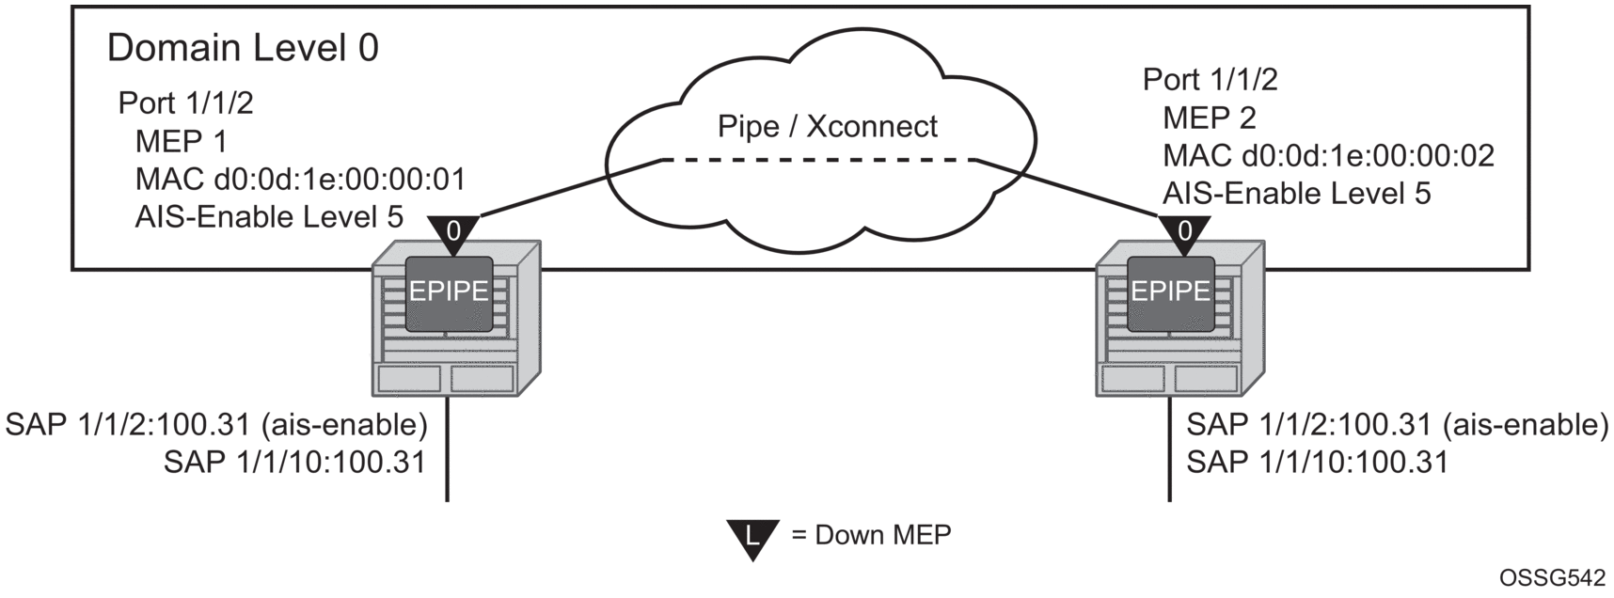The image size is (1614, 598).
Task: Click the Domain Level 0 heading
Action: tap(243, 48)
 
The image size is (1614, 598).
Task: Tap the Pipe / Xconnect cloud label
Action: tap(827, 126)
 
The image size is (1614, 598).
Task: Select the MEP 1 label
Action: tap(182, 141)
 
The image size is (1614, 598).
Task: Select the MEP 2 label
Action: tap(1209, 118)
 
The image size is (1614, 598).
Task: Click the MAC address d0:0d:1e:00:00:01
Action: tap(300, 179)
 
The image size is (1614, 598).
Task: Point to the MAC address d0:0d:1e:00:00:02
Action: tap(1328, 156)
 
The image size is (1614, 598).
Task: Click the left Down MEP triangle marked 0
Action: tap(453, 231)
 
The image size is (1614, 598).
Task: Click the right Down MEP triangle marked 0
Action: tap(1184, 231)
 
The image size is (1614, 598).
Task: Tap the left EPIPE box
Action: tap(449, 292)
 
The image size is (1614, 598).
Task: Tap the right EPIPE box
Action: tap(1170, 292)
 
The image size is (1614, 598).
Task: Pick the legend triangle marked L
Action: tap(752, 538)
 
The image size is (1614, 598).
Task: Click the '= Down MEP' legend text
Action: tap(872, 535)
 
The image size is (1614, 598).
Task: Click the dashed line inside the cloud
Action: tap(818, 161)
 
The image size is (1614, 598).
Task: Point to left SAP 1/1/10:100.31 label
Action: tap(294, 462)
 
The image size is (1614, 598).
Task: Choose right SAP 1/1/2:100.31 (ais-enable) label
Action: tap(1397, 425)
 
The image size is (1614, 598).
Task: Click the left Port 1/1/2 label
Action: tap(185, 102)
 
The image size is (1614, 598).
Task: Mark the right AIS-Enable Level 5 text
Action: tap(1296, 194)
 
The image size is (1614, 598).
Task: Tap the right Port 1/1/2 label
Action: tap(1210, 80)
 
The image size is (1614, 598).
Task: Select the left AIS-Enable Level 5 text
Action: tap(269, 217)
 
